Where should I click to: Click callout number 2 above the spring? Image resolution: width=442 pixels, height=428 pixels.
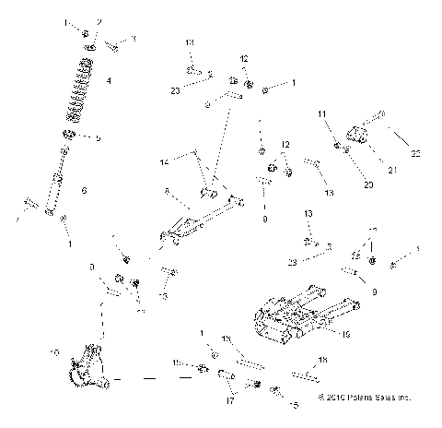click(100, 21)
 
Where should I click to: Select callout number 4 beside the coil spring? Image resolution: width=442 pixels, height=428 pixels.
click(109, 82)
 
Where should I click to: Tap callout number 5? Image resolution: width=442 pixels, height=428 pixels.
click(98, 137)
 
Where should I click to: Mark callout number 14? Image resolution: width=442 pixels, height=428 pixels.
click(164, 161)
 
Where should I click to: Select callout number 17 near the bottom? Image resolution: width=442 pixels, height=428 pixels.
click(231, 401)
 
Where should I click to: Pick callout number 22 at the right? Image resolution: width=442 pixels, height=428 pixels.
click(415, 153)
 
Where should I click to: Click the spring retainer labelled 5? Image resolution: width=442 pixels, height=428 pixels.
click(68, 137)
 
